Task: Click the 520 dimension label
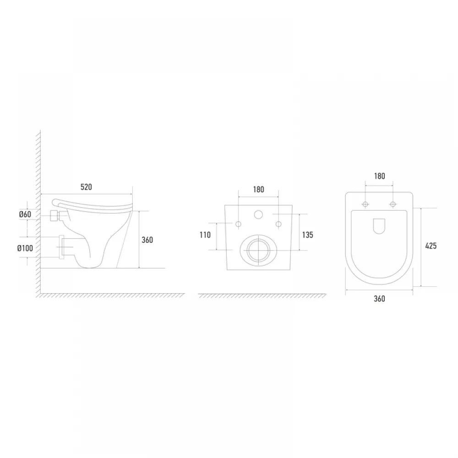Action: [86, 187]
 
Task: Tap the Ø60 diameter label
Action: [25, 214]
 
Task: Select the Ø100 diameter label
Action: [25, 248]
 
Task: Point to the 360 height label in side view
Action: [147, 240]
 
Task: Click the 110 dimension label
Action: [205, 235]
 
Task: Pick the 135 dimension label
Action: [308, 235]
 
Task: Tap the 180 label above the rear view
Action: [258, 190]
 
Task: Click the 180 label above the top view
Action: [379, 176]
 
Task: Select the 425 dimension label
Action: [431, 246]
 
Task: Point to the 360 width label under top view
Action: [379, 299]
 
